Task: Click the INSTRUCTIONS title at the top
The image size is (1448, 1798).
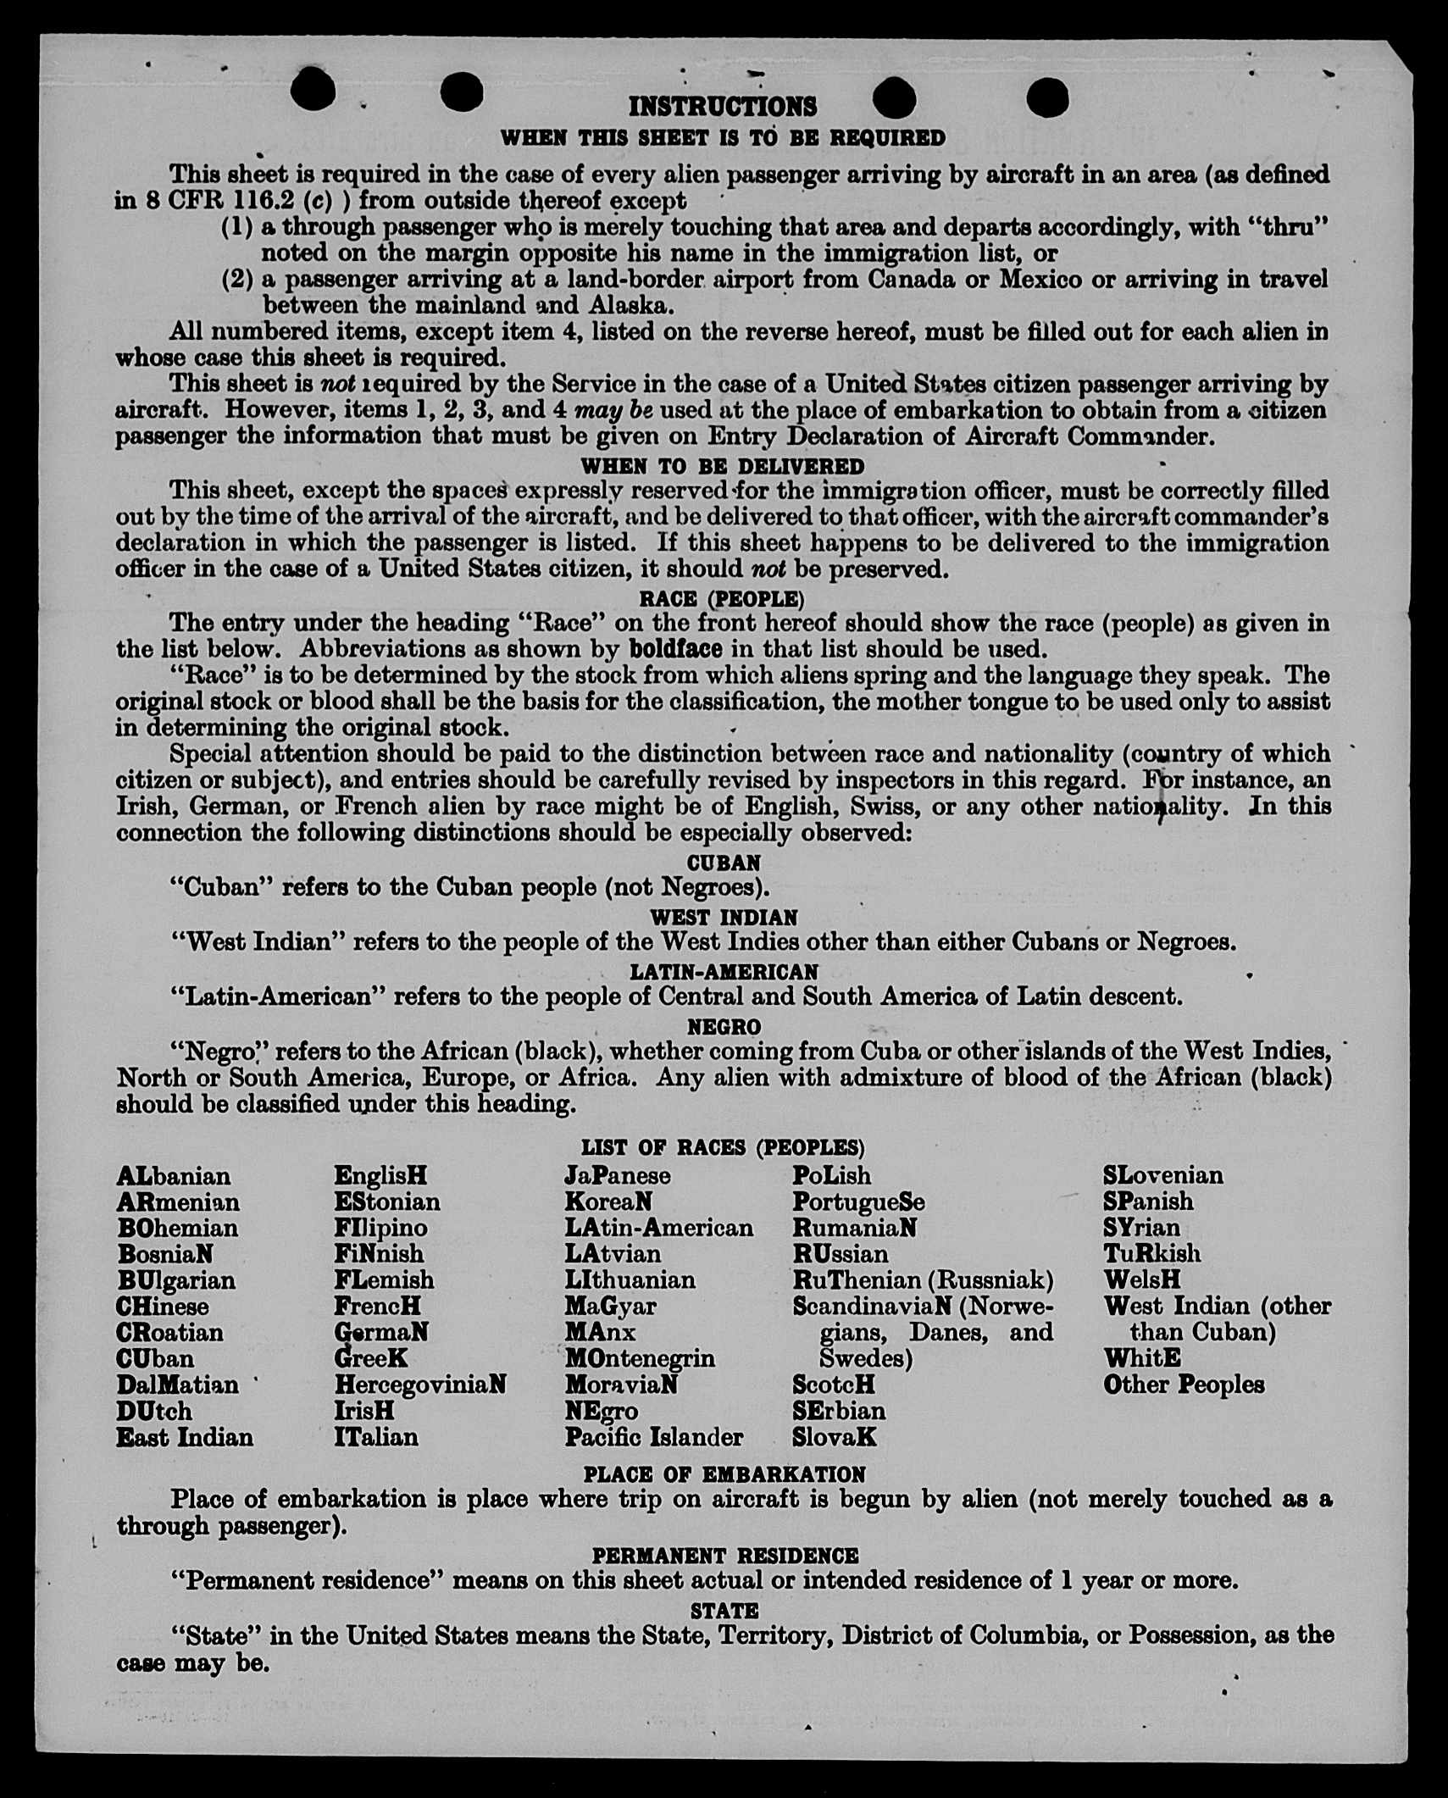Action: [x=723, y=107]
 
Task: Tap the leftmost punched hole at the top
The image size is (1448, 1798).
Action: [x=313, y=90]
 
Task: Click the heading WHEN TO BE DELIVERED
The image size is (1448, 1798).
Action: [x=723, y=467]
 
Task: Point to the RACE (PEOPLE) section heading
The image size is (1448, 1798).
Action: [x=722, y=599]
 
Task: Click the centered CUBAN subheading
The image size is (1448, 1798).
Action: [x=724, y=863]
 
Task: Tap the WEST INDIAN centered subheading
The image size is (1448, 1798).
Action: [x=724, y=918]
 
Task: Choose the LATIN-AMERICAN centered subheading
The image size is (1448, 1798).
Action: [x=724, y=972]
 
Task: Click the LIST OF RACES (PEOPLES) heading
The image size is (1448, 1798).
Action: [x=723, y=1147]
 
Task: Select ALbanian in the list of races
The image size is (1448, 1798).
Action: [x=174, y=1176]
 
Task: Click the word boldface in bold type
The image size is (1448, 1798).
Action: [x=675, y=649]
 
